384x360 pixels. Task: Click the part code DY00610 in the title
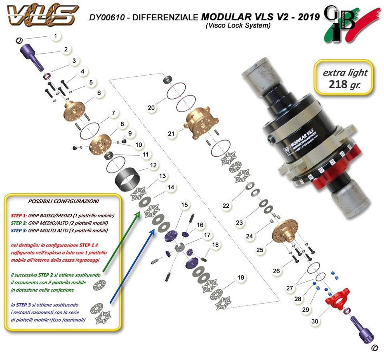[x=108, y=18]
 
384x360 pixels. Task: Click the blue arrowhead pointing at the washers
[x=152, y=231]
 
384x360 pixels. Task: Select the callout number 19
[x=240, y=277]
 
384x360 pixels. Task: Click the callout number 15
[x=184, y=205]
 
